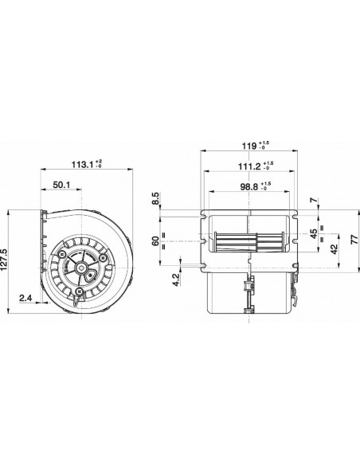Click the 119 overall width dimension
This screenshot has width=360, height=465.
click(x=248, y=145)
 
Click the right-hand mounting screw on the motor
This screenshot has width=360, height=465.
click(x=103, y=258)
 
